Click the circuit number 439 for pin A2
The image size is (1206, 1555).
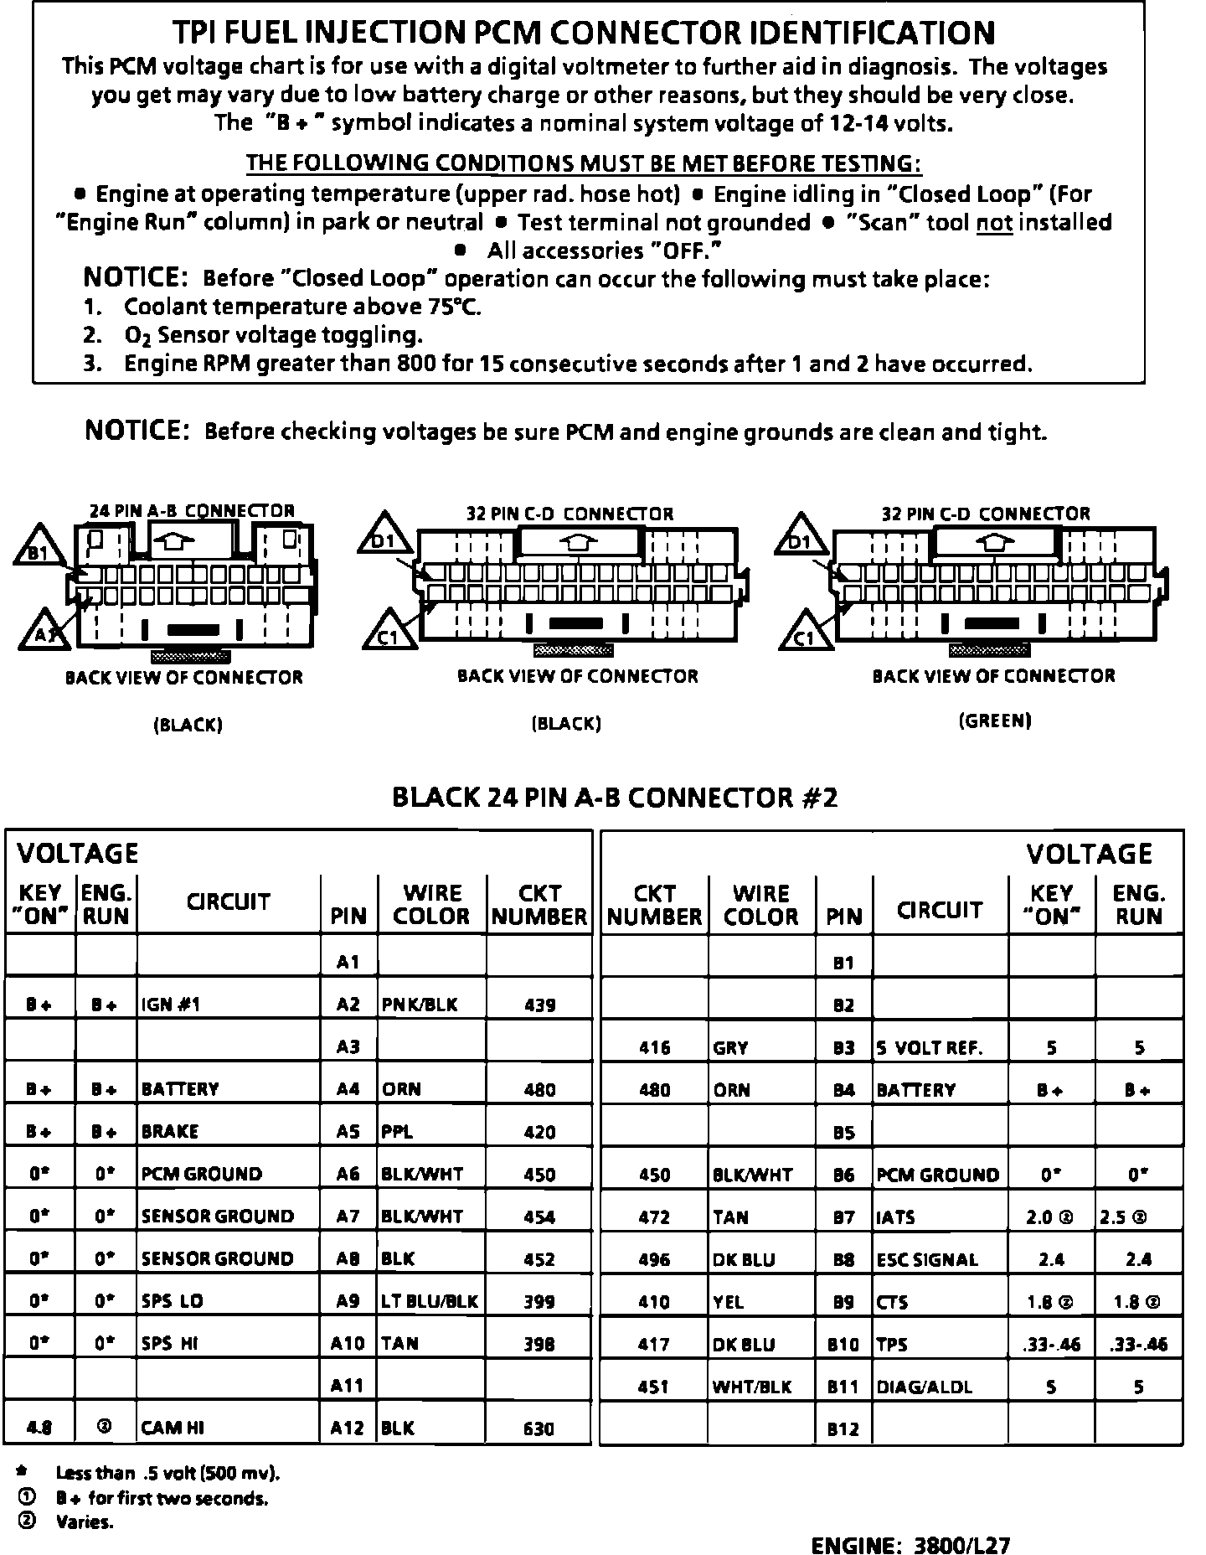click(539, 1005)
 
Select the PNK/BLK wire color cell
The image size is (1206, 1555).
click(420, 1005)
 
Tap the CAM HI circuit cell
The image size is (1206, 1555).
click(173, 1428)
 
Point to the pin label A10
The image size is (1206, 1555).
click(348, 1343)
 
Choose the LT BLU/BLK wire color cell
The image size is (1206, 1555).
click(430, 1301)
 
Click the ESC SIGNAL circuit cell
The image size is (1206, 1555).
click(927, 1259)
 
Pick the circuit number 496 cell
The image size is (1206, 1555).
click(654, 1259)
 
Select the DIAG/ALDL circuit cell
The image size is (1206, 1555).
click(925, 1387)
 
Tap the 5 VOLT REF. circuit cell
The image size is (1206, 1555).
click(930, 1047)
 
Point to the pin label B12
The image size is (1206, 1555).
click(843, 1429)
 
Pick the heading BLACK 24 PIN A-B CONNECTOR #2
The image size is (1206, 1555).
click(615, 797)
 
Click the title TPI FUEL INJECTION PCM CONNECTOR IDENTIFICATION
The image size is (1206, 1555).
click(584, 33)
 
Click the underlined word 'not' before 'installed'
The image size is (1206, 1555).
click(994, 223)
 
